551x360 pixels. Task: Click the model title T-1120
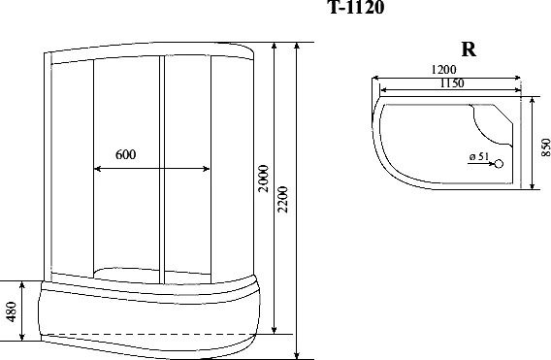(356, 7)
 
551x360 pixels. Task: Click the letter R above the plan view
(469, 49)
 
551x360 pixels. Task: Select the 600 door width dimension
(125, 154)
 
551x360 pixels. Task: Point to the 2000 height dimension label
(263, 179)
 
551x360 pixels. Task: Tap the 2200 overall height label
(283, 199)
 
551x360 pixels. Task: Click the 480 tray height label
(12, 311)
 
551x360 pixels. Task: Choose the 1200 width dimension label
(444, 70)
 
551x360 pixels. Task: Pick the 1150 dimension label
(452, 83)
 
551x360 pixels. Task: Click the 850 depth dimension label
(545, 147)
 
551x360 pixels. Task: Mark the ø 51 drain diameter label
(479, 156)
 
